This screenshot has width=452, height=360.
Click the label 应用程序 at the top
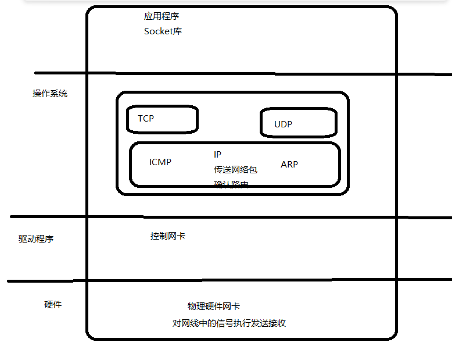[162, 16]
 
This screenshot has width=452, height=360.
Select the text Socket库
[163, 31]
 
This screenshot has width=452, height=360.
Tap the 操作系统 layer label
[50, 94]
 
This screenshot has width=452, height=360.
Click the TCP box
[163, 119]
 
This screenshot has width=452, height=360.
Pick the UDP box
[298, 123]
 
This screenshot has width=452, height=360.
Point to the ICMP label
[160, 162]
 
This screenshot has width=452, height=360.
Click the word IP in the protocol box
[217, 155]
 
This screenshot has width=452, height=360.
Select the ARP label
[289, 165]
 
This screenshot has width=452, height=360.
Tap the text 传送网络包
[235, 170]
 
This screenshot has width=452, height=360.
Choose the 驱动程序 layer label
[36, 239]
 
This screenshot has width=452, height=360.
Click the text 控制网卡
[168, 236]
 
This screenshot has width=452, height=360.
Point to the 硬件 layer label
[53, 305]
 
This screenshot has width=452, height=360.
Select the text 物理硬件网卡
[214, 306]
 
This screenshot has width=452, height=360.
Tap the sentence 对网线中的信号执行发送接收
[229, 323]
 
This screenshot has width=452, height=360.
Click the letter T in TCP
[141, 119]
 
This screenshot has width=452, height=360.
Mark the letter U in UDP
[278, 124]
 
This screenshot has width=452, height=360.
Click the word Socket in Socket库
[158, 31]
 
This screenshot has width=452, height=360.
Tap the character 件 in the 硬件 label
[58, 305]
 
